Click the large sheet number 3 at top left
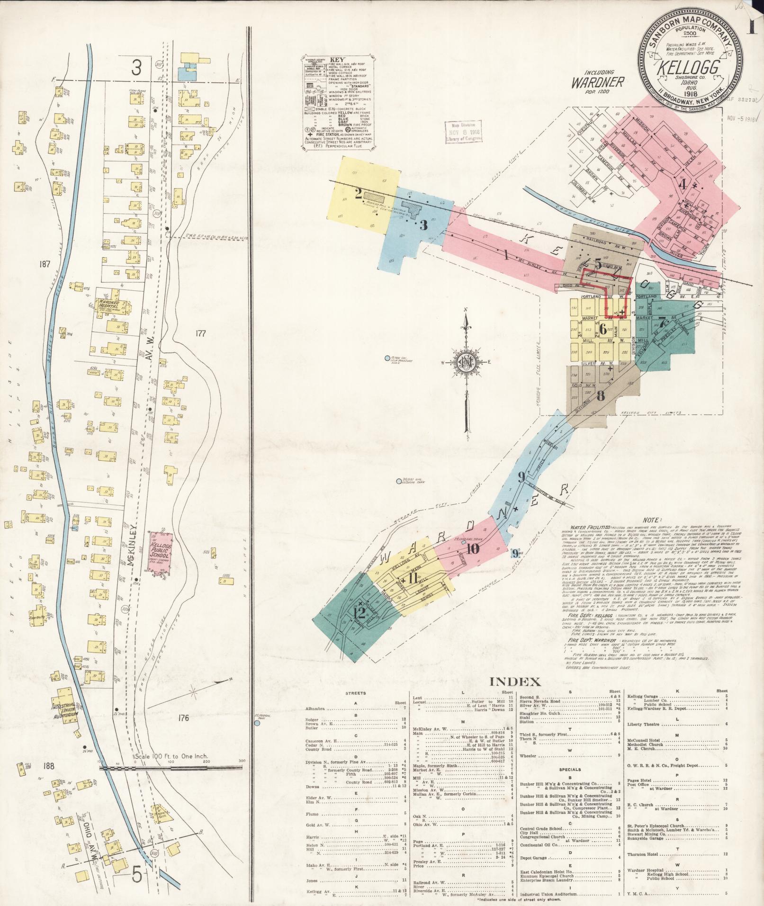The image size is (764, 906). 136,69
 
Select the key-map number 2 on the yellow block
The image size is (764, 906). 359,193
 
